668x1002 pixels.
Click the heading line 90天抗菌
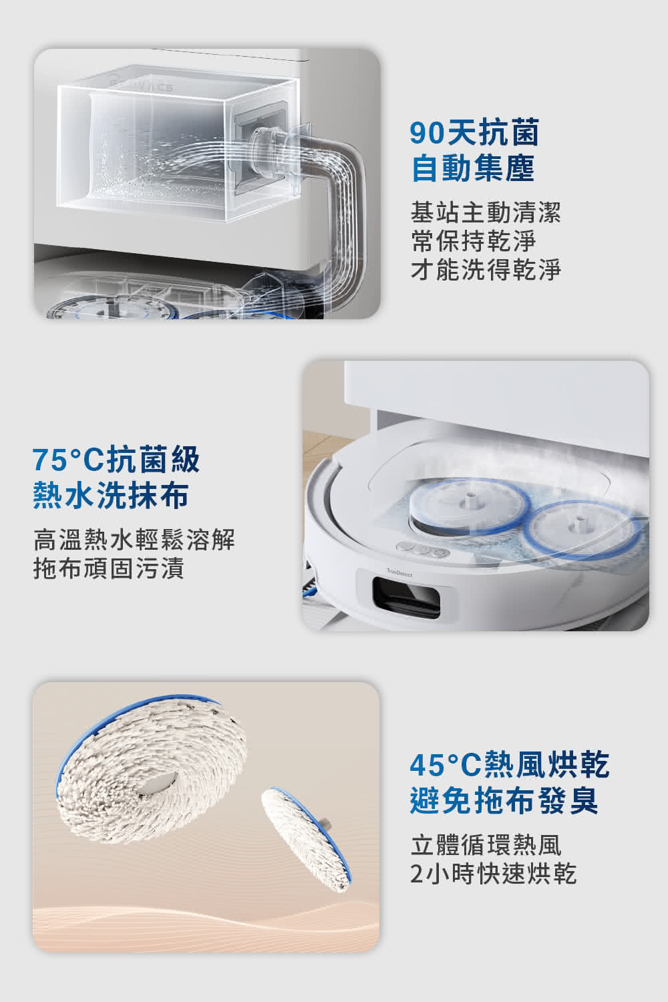(x=474, y=133)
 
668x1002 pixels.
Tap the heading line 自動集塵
(x=473, y=168)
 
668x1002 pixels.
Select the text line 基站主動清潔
(x=486, y=212)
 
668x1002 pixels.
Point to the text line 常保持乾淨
(x=473, y=241)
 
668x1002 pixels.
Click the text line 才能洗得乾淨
(x=486, y=270)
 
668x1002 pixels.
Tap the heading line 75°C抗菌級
(x=116, y=460)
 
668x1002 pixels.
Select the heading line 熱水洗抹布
(x=110, y=495)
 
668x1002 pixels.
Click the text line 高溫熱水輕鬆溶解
(x=134, y=539)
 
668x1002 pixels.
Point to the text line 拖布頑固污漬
(x=109, y=568)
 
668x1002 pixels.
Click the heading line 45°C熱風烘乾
(x=510, y=764)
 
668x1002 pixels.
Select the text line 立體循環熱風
(x=486, y=844)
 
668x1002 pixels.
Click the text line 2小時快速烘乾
(x=493, y=874)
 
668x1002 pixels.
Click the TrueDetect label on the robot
(x=399, y=572)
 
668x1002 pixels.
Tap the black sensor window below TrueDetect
(x=406, y=598)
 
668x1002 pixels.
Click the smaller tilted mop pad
(x=306, y=840)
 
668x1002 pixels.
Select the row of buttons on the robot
(x=423, y=549)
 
